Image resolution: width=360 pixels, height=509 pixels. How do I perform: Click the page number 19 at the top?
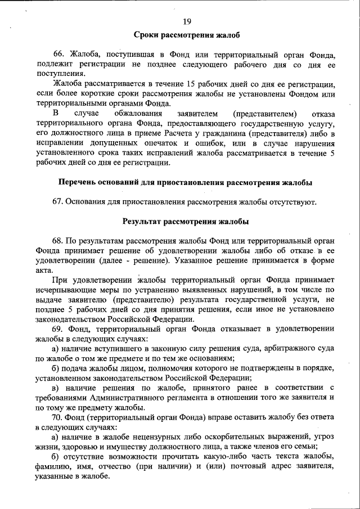click(x=187, y=21)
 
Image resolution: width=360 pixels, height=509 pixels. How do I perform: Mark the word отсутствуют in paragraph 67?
click(x=294, y=201)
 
